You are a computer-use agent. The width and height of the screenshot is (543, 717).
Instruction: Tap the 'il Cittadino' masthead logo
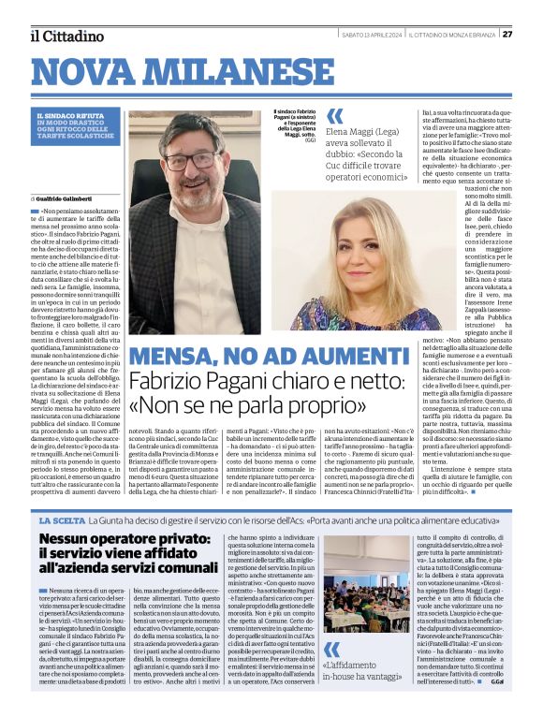[x=66, y=36]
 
